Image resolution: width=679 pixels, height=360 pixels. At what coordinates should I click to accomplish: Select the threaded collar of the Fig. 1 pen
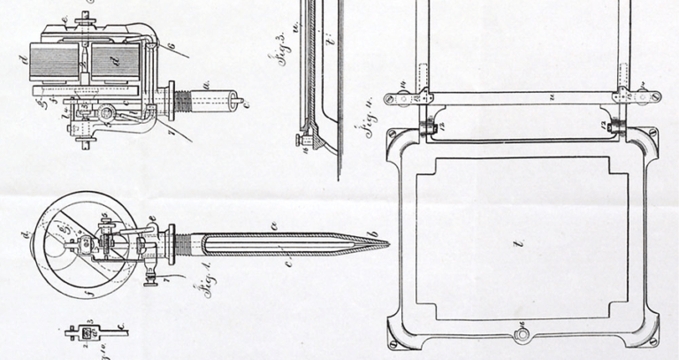[180, 240]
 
